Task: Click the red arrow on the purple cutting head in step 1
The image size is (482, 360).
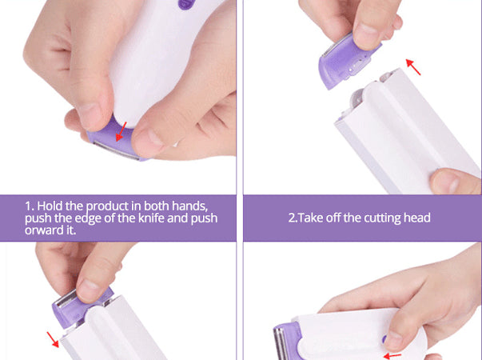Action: click(121, 131)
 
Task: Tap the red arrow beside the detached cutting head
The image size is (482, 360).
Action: click(413, 67)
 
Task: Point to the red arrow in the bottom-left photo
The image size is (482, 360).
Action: click(53, 339)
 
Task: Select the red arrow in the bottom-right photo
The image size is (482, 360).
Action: click(392, 356)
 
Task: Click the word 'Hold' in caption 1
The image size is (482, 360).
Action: click(50, 206)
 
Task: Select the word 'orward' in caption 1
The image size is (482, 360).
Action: click(42, 230)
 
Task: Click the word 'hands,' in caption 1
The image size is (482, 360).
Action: click(189, 206)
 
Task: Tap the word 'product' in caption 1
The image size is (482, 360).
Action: click(107, 206)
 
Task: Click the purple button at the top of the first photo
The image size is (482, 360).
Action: click(185, 4)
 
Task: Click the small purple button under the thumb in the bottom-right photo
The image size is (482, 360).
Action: click(384, 339)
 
